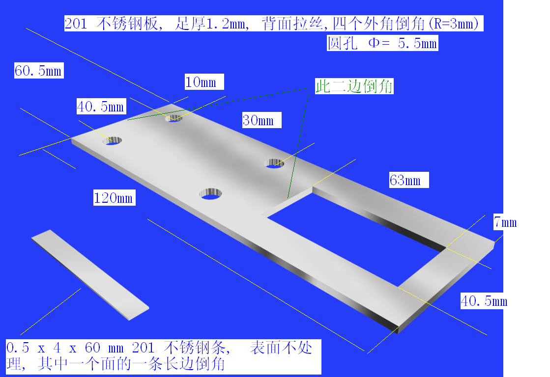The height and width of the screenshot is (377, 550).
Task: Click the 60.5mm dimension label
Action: tap(39, 70)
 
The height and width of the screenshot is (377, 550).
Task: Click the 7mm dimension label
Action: tap(505, 222)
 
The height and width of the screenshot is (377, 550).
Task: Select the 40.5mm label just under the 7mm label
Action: tap(484, 301)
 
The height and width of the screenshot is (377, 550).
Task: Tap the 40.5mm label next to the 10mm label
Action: tap(101, 107)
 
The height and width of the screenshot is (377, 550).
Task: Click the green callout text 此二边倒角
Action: tap(354, 86)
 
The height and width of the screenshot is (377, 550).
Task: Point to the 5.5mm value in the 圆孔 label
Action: tap(417, 44)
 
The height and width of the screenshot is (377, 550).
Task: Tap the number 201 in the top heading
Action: tap(76, 24)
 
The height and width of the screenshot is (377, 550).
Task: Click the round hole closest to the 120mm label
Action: tap(210, 194)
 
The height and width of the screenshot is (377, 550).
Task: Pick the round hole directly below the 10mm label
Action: tap(174, 118)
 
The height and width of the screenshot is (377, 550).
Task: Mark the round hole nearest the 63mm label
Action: tap(274, 163)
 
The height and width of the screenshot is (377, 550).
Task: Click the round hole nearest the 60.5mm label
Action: tap(112, 141)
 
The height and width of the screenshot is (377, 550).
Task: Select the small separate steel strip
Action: tap(90, 275)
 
